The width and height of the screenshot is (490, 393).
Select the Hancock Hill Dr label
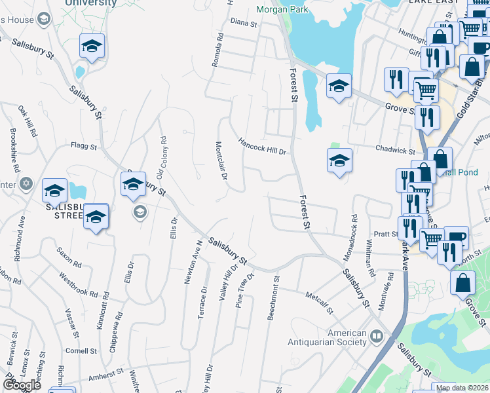click(263, 145)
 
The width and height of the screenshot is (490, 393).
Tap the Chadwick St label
click(396, 151)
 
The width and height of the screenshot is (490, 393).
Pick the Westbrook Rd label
click(78, 284)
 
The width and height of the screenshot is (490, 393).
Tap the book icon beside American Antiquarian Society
click(377, 337)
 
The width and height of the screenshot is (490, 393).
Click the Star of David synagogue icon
click(26, 183)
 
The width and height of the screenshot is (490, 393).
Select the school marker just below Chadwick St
click(339, 161)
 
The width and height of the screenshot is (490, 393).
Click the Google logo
click(22, 384)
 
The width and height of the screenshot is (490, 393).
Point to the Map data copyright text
click(461, 388)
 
